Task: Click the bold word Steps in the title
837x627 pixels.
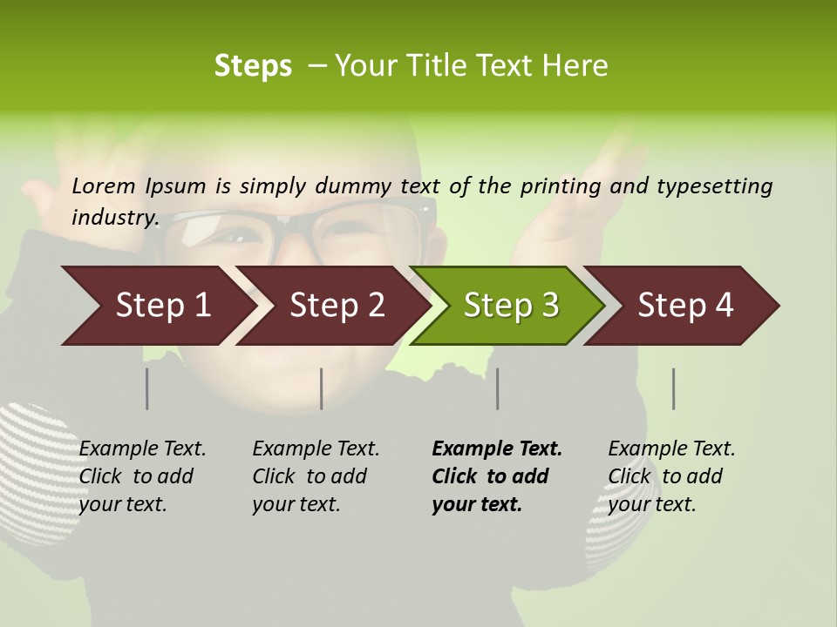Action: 253,65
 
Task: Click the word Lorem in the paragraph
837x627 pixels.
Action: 104,185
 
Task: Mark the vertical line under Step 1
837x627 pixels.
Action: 146,388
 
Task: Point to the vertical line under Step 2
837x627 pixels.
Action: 322,388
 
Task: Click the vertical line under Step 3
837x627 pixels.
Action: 497,388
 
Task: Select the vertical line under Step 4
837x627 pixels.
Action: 673,388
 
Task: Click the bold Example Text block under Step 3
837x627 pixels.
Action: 497,476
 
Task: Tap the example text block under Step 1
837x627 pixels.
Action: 142,476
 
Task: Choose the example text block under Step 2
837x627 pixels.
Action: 316,476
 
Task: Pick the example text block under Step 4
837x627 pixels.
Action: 671,476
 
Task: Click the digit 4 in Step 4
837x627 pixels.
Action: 724,306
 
